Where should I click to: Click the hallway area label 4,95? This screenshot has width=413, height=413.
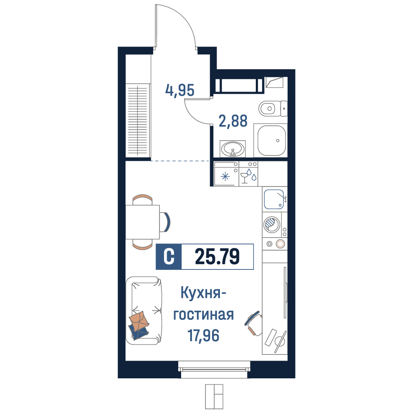180,90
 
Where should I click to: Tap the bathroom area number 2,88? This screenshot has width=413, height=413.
233,121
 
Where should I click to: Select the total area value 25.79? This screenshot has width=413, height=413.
217,257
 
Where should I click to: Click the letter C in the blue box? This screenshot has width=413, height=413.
169,257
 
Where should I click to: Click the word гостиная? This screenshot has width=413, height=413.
203,314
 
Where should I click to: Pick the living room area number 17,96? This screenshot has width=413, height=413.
203,335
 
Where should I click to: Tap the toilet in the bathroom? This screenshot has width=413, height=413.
273,108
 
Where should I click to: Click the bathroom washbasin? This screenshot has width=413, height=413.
233,149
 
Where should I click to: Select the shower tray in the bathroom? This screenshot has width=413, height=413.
271,141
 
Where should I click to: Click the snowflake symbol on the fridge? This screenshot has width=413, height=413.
225,177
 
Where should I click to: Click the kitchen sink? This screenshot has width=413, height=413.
274,199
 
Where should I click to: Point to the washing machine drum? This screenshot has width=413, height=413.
271,225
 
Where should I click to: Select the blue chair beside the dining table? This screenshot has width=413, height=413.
165,222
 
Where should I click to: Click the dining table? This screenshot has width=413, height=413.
142,222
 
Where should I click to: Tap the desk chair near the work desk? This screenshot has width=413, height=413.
253,324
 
